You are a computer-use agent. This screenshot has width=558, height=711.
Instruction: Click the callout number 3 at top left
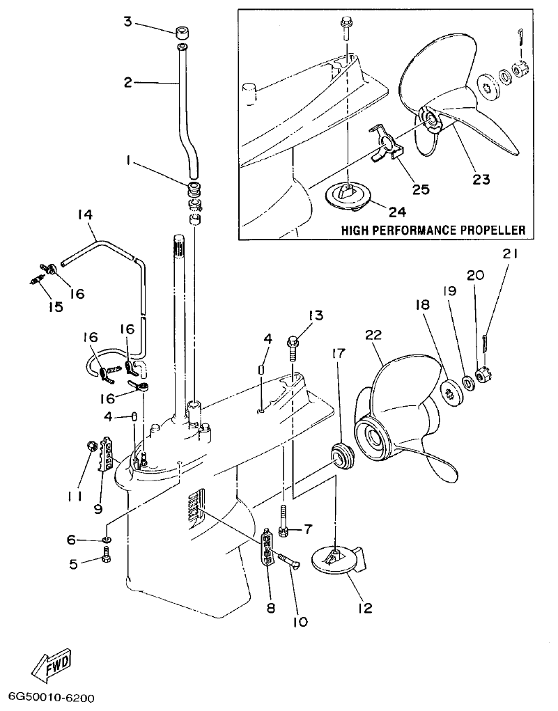point(127,22)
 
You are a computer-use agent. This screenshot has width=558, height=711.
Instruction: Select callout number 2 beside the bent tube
point(127,82)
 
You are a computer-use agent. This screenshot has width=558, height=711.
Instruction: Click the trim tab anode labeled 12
point(336,561)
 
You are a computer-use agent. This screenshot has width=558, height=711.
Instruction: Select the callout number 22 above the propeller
point(374,335)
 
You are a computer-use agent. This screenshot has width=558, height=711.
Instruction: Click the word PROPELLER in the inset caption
point(488,230)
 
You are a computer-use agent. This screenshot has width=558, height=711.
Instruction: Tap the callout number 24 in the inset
point(398,210)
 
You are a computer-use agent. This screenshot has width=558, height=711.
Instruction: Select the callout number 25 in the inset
point(421,188)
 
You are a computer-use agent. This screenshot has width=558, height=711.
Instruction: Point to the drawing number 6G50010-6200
point(52,697)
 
